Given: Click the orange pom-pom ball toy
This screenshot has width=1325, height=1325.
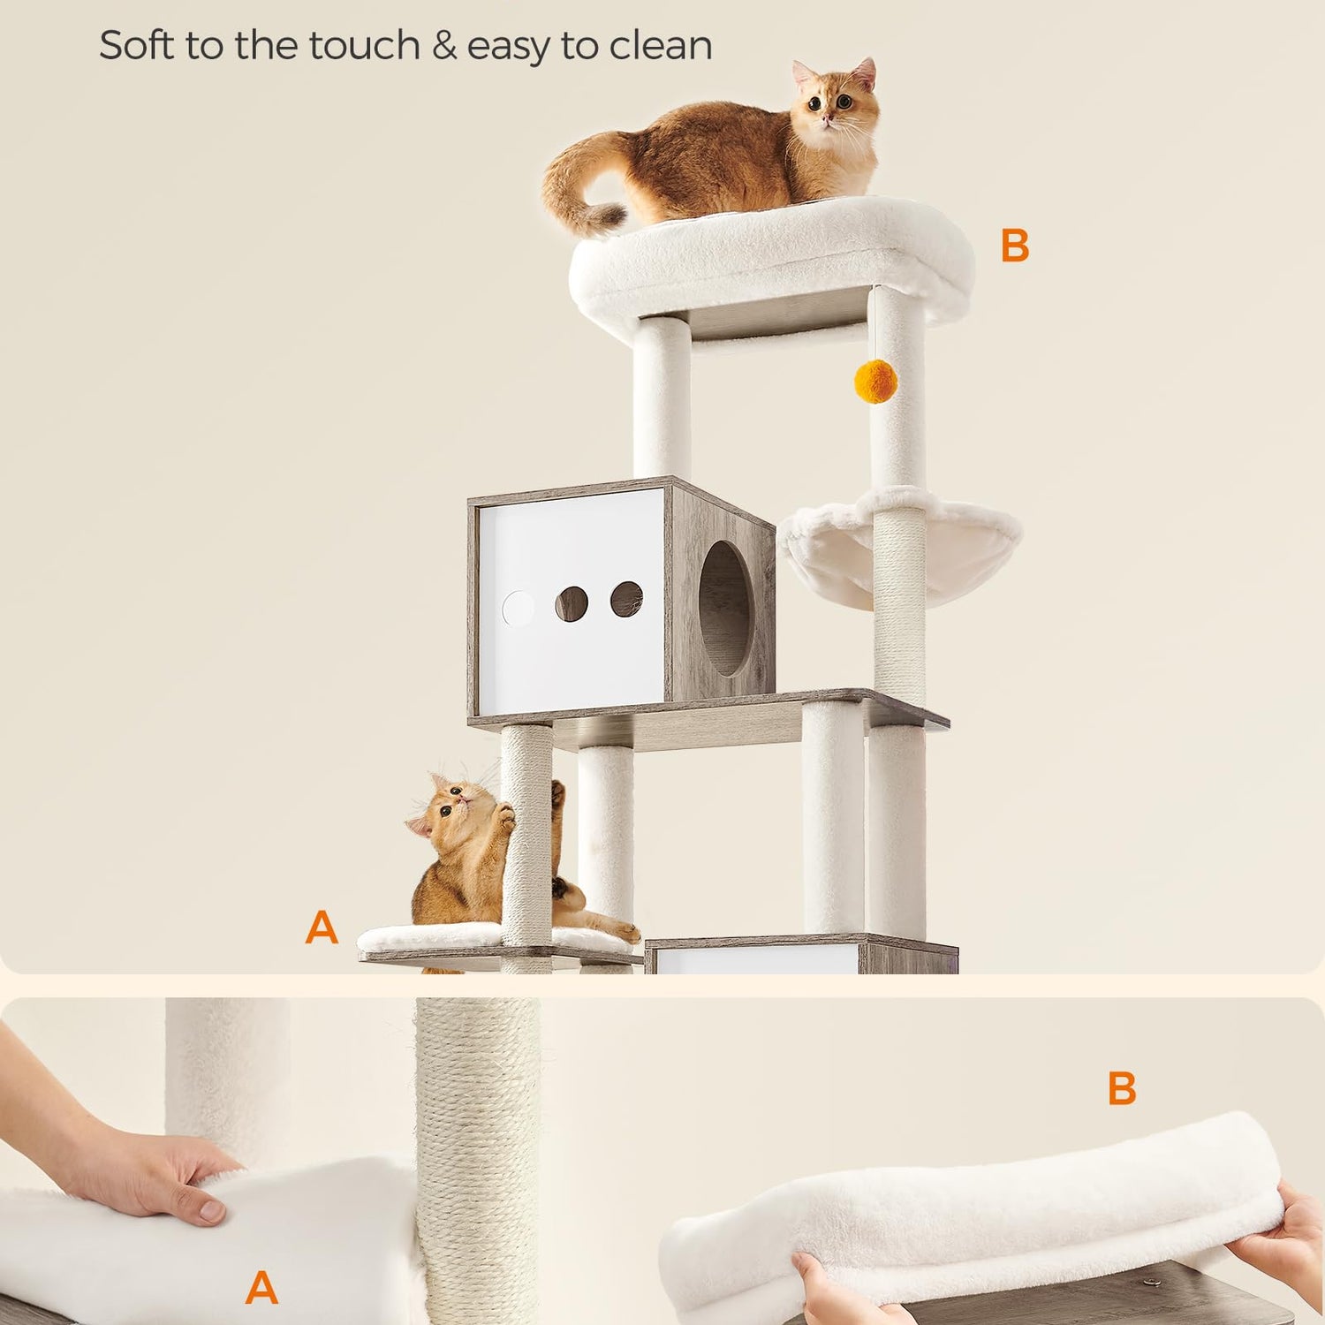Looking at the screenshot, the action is pyautogui.click(x=875, y=381).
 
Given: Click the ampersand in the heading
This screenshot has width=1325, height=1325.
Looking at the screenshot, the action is pyautogui.click(x=444, y=46).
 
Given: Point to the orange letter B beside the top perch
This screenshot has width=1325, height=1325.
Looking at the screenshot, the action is pyautogui.click(x=1015, y=246).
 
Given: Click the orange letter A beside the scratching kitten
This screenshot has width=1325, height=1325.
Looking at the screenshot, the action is pyautogui.click(x=322, y=927).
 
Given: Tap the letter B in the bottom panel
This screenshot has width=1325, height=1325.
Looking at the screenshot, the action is pyautogui.click(x=1122, y=1088).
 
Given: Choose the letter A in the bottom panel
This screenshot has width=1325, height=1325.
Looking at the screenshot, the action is pyautogui.click(x=261, y=1288).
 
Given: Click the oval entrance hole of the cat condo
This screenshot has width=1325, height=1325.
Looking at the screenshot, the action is pyautogui.click(x=724, y=609).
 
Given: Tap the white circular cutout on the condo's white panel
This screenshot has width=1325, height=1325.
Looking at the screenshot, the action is pyautogui.click(x=519, y=609).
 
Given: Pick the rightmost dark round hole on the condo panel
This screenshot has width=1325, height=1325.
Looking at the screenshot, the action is pyautogui.click(x=626, y=599).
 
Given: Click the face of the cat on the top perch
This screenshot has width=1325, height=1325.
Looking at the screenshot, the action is pyautogui.click(x=835, y=104).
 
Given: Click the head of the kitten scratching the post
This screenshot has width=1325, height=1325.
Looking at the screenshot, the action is pyautogui.click(x=455, y=805).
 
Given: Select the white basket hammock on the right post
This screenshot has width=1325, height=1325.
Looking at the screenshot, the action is pyautogui.click(x=900, y=549).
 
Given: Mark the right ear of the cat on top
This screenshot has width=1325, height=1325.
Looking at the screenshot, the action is pyautogui.click(x=863, y=74).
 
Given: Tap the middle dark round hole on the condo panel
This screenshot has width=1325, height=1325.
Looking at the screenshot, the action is pyautogui.click(x=572, y=603).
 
